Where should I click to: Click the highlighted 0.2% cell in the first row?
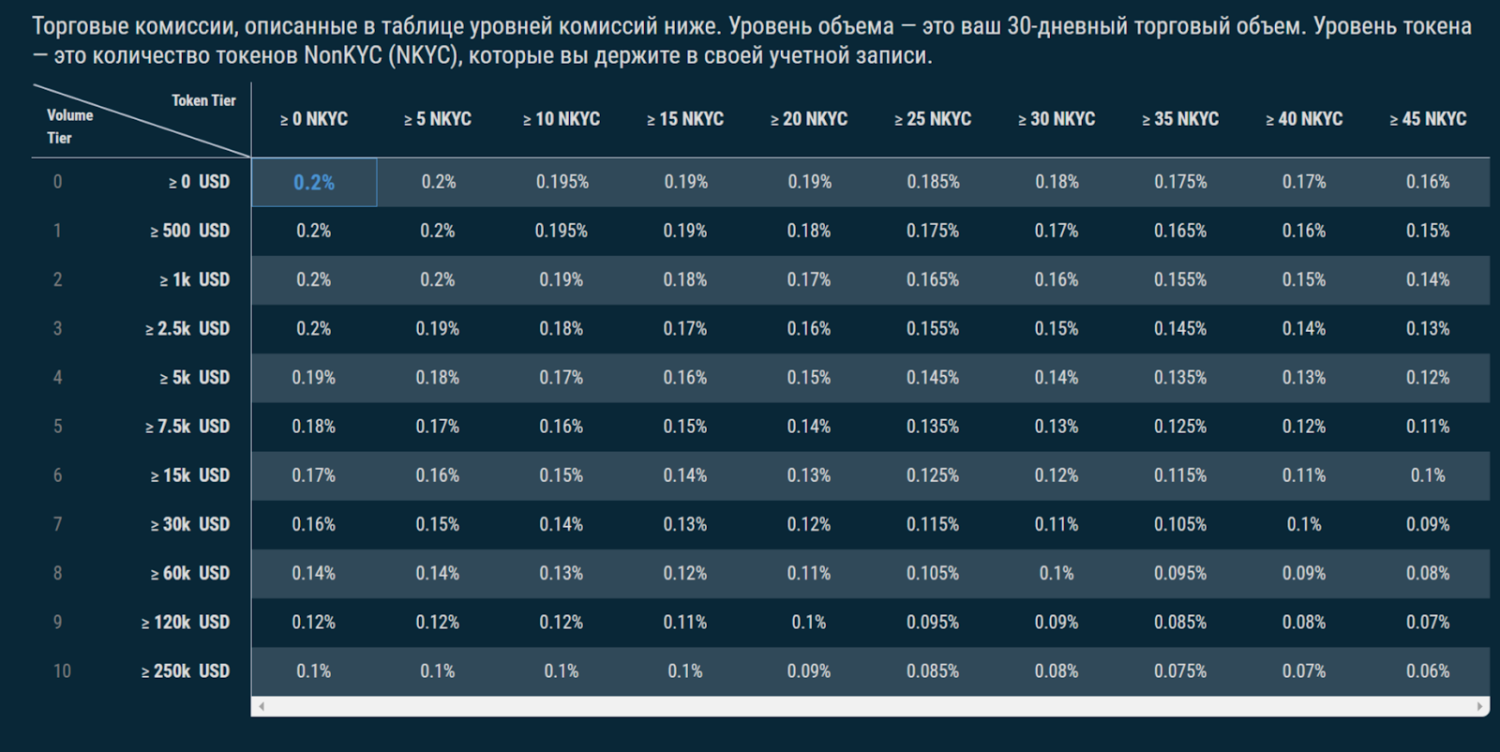314,182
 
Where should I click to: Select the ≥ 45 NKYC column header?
1428,119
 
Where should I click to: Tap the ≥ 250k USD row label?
186,670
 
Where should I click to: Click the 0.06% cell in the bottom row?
1428,670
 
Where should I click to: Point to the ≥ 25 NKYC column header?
933,119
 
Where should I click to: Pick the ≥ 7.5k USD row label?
187,426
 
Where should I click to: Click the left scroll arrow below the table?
261,706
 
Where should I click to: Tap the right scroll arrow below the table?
1480,706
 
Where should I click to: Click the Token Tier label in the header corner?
203,100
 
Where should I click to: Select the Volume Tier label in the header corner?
69,126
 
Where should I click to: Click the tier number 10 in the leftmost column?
62,670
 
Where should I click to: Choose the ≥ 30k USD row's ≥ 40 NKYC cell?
1304,524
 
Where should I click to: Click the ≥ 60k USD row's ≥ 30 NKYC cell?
1057,573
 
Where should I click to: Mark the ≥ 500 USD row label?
189,231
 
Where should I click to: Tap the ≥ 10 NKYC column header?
562,119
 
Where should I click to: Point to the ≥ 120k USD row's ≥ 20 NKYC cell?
809,622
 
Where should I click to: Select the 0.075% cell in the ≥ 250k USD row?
1180,670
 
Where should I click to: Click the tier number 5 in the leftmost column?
58,426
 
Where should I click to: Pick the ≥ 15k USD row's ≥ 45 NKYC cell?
1428,475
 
